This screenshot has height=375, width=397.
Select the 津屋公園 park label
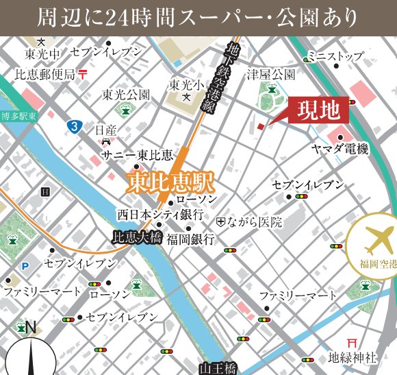point(272,74)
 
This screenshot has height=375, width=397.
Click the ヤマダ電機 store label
point(340,149)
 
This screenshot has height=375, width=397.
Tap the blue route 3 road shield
point(73,126)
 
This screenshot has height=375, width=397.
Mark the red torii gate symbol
point(353,341)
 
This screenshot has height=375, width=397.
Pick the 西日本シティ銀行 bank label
point(160,214)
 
